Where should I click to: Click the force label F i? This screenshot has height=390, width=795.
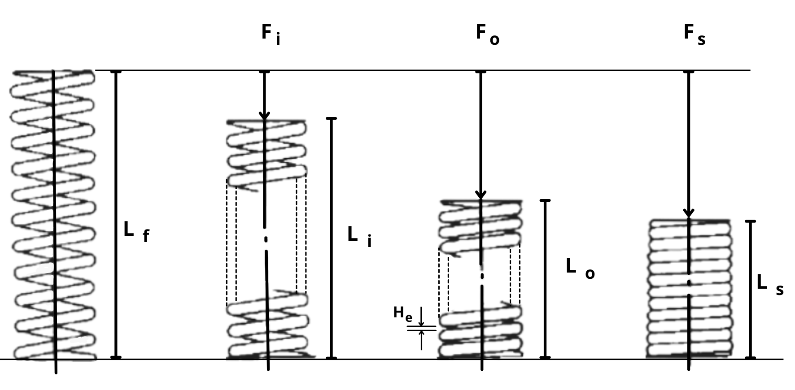coord(271,34)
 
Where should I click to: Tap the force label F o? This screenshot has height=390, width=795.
coord(487,35)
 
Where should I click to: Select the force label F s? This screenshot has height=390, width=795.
coord(694,35)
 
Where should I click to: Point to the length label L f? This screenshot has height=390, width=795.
coord(135,232)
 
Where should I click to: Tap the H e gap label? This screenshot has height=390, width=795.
coord(402,313)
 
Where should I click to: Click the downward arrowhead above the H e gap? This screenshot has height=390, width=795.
coord(421,324)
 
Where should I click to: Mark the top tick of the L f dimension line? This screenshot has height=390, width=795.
coord(116,72)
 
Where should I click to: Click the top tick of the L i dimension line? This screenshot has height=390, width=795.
coord(331,118)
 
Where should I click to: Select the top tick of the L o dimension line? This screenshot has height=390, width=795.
coord(545,200)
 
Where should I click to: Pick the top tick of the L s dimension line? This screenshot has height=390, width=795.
coord(750,221)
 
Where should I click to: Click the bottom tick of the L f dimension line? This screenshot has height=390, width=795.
coord(116,357)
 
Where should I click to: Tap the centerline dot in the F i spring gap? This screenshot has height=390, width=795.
coord(266,239)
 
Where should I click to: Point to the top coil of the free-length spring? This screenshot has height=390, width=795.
coord(53,73)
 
